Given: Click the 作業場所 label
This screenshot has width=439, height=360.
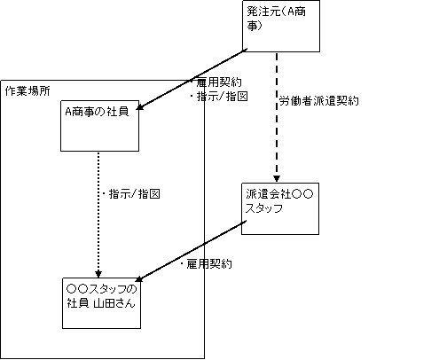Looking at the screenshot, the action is pos(27,91).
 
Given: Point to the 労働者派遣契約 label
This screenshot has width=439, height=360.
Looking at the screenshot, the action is pos(319,101).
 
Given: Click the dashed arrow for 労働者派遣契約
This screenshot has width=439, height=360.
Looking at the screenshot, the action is pos(277,117).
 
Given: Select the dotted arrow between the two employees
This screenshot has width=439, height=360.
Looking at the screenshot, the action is pos(98,215).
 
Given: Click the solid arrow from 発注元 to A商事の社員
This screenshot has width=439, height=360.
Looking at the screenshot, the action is pos(192,80).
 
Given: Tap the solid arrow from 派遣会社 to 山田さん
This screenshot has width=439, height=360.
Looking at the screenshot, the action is pos(191,251).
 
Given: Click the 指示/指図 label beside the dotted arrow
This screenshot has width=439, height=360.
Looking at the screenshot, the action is pos(131,194).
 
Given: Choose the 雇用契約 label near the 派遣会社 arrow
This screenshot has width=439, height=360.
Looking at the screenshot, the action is pos(206,264).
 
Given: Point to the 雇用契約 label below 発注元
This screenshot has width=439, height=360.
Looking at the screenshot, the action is pos(216,82).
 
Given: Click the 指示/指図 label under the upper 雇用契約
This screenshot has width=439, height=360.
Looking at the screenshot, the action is pos(218,97).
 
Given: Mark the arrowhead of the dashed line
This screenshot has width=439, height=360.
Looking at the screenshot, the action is pos(277,179).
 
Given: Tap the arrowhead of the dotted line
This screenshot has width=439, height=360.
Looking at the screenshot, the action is pos(98,275).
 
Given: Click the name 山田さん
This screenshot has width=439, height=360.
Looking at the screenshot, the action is pos(114,303).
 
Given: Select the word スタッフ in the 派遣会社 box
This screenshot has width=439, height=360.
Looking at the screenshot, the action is pos(264,208).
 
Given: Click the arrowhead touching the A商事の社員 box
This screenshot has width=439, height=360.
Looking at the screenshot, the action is pos(139,107).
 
